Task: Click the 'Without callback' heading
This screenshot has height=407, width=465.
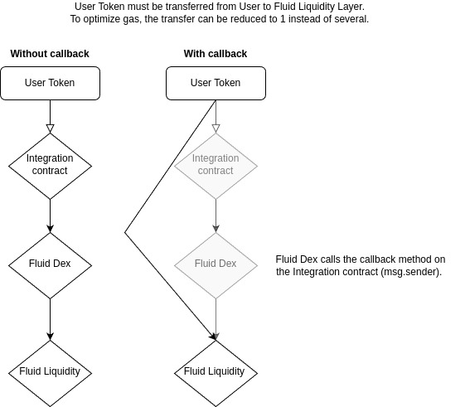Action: point(50,54)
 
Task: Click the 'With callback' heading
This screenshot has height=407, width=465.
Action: point(216,54)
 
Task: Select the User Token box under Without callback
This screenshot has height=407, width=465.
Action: point(50,83)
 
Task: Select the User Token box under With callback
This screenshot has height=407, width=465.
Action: point(216,83)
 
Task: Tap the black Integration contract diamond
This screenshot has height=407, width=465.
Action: point(50,164)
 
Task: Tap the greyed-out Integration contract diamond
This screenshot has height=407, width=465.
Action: point(216,164)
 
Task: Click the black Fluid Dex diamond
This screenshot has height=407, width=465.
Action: point(50,264)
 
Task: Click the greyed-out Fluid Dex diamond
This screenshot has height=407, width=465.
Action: point(216,264)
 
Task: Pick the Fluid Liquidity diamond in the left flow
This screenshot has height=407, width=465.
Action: point(50,371)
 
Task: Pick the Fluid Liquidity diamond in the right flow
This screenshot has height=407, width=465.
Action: point(216,371)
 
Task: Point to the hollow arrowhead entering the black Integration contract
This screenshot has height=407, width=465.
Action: point(50,128)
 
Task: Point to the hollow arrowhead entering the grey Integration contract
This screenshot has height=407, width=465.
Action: point(216,128)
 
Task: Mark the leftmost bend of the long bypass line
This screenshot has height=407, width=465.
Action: point(125,232)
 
